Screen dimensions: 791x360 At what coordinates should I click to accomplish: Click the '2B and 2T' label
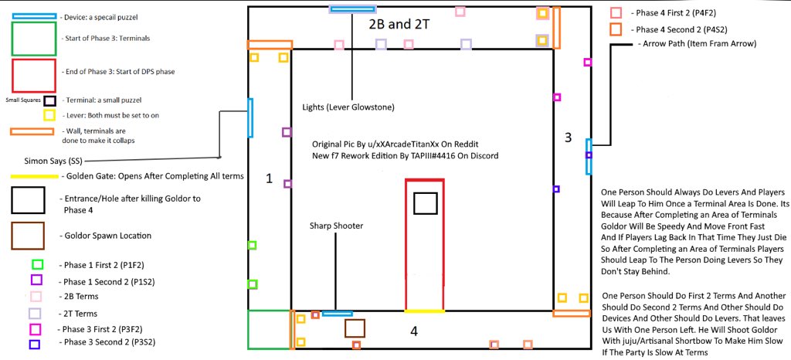[399, 24]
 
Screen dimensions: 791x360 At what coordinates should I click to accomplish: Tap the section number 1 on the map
[269, 178]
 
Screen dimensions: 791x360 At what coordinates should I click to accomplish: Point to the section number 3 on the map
[568, 138]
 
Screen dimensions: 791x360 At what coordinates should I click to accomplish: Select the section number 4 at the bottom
[414, 331]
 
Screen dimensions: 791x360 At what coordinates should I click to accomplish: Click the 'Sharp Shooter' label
[337, 226]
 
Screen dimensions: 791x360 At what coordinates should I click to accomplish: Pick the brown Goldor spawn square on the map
[355, 328]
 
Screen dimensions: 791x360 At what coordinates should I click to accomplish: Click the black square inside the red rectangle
[425, 203]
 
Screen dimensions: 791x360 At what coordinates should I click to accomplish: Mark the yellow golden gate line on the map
[424, 311]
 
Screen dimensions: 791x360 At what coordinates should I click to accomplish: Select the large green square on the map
[268, 329]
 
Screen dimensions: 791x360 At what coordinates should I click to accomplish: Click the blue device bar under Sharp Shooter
[338, 313]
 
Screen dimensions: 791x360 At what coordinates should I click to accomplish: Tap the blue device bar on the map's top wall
[352, 9]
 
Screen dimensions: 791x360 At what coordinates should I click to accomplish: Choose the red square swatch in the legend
[33, 76]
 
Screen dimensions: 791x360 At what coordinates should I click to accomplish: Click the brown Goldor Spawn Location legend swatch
[27, 236]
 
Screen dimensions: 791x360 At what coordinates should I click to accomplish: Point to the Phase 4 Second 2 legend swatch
[616, 29]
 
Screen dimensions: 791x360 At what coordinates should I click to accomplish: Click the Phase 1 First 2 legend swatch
[36, 265]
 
